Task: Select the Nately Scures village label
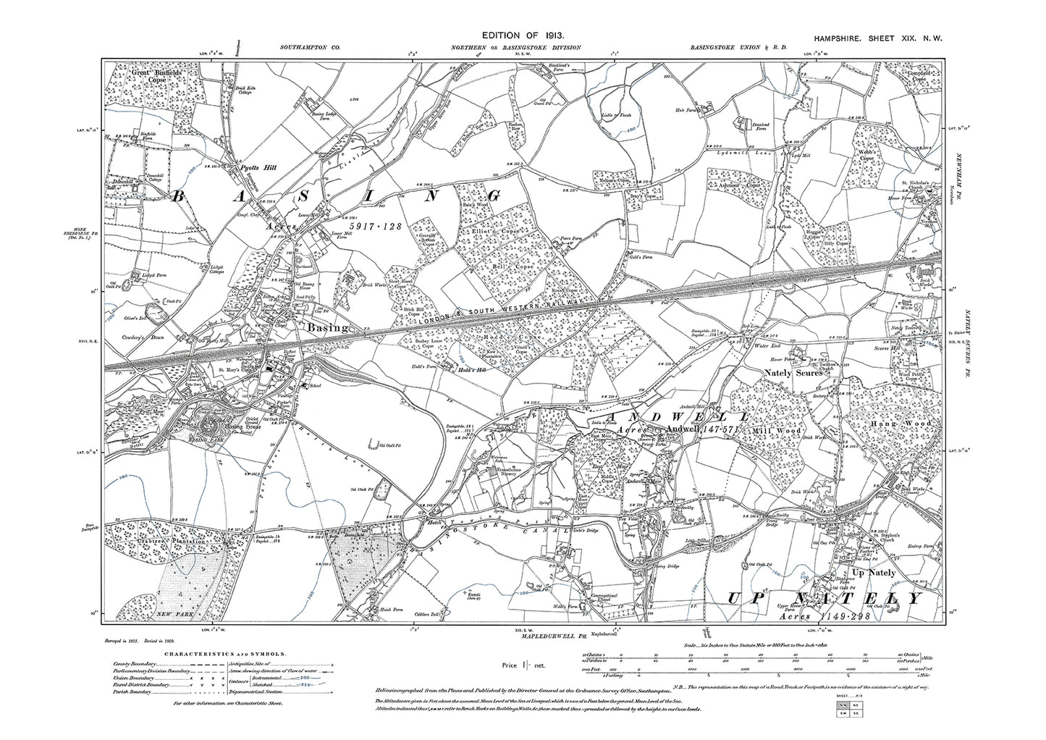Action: [x=793, y=374]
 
